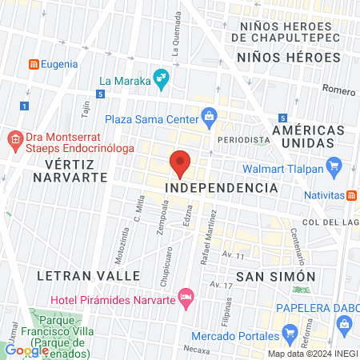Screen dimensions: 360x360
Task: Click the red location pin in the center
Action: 181,163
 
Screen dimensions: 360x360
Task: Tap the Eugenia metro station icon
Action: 34,63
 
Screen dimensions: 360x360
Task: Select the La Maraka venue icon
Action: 162,78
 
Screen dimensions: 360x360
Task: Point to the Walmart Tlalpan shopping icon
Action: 335,168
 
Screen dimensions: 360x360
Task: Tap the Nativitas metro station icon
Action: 351,194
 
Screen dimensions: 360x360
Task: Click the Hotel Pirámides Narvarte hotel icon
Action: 186,298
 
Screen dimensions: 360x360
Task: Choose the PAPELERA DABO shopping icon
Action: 346,323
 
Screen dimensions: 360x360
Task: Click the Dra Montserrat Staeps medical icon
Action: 14,142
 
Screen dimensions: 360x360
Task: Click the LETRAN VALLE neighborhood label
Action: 88,275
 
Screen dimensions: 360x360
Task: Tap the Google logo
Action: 26,350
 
